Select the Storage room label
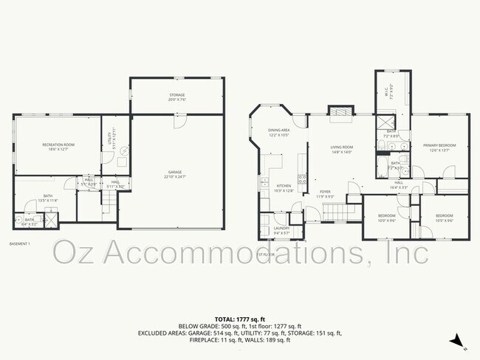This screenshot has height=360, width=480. pyautogui.click(x=177, y=96)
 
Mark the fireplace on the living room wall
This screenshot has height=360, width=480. pyautogui.click(x=340, y=112)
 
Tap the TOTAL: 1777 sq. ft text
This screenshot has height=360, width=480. pyautogui.click(x=240, y=318)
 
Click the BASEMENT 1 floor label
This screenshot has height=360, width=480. pyautogui.click(x=20, y=243)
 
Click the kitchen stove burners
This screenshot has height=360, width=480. pyautogui.click(x=301, y=178)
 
